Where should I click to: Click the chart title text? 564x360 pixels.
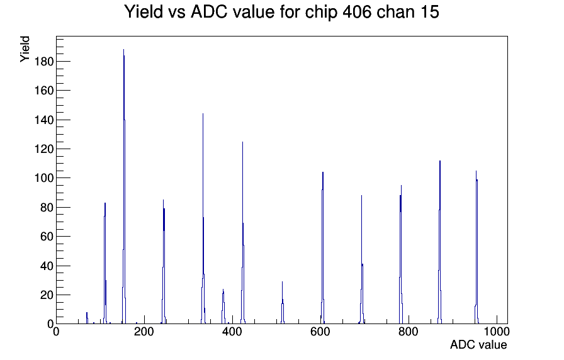tap(281, 12)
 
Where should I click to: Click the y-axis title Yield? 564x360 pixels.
tap(25, 49)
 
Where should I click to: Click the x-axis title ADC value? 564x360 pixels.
tap(478, 344)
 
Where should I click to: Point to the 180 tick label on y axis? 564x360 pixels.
tap(43, 62)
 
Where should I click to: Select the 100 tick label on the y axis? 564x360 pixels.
tap(43, 178)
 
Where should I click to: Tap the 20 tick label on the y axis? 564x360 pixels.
tap(47, 295)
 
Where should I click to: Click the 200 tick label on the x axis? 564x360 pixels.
tap(144, 332)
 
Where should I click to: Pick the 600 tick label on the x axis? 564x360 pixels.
tap(320, 332)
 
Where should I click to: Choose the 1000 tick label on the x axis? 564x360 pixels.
tap(497, 332)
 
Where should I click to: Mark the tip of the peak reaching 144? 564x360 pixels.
tap(203, 114)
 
